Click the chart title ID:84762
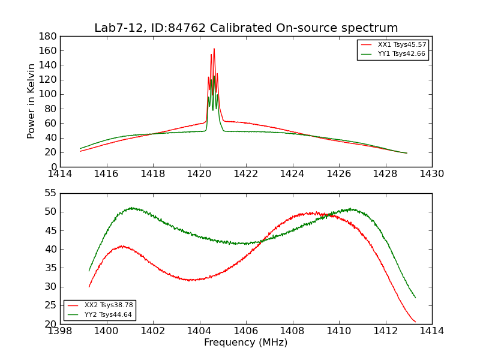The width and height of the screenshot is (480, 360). pos(246,28)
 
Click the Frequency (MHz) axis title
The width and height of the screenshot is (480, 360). pos(246,343)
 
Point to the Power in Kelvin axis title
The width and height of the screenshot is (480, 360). pos(32,101)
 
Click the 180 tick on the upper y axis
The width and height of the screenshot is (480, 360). pos(49,37)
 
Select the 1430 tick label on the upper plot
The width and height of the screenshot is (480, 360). pos(431,174)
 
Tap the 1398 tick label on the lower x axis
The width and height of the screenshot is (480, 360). pos(61,331)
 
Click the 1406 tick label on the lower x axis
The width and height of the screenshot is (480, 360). pos(246,331)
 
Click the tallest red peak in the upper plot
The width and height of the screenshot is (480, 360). pos(214,49)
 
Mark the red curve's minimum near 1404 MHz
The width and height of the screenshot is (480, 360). pos(190,280)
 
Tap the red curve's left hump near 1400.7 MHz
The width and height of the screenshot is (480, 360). pos(122,246)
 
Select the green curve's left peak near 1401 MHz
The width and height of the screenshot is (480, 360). pos(131,208)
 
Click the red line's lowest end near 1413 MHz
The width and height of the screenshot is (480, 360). pos(415,322)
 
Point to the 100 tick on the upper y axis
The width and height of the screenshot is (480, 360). pos(49,94)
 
